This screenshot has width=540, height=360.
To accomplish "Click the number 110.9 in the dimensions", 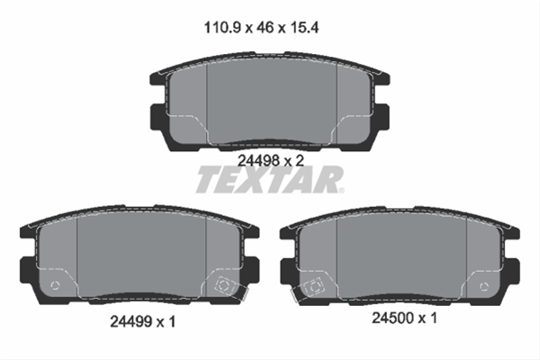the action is [222, 28].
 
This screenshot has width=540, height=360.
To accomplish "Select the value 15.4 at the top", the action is [305, 28].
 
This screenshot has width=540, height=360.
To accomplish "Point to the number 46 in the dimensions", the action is [265, 28].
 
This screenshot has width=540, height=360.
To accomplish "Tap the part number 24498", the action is [258, 160].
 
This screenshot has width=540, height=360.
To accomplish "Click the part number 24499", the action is [130, 322].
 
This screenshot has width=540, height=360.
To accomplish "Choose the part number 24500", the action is [392, 318].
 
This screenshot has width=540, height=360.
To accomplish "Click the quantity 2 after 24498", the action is [300, 160].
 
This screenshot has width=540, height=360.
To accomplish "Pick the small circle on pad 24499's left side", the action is [55, 285].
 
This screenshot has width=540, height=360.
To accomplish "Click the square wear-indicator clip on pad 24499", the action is [225, 285].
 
